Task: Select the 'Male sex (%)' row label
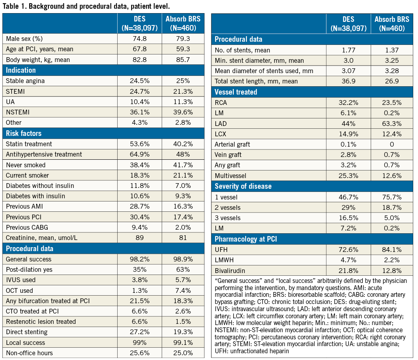24,39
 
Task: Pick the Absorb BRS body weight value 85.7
184,60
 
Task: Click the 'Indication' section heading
21,70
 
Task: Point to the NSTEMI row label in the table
18,112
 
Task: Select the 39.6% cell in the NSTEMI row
184,112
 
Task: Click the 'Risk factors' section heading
23,133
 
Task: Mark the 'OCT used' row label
19,290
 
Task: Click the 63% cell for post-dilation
184,269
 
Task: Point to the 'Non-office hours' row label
29,353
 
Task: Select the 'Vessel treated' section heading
236,92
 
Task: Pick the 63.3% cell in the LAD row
392,123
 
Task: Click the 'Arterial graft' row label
232,144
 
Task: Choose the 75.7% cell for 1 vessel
392,197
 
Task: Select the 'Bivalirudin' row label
229,270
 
